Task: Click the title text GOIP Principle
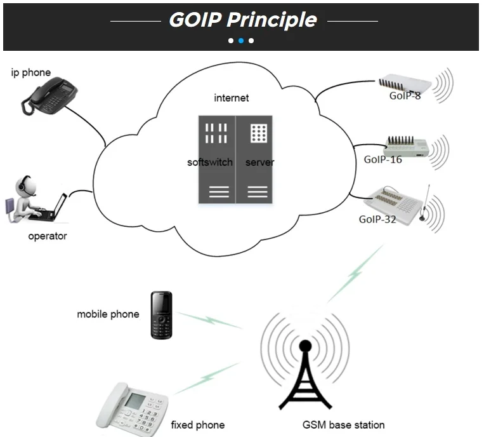242,20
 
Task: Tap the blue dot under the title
241,41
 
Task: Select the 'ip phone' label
30,72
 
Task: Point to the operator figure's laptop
57,207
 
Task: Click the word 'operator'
47,236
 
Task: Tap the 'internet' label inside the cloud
232,98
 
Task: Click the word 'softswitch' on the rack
210,163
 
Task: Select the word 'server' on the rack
260,163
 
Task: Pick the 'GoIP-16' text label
383,159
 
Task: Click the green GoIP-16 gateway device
407,145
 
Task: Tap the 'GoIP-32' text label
378,219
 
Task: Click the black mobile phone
161,314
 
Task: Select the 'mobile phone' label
108,314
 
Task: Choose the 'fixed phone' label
197,424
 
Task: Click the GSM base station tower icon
305,375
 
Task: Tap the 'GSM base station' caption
343,424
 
